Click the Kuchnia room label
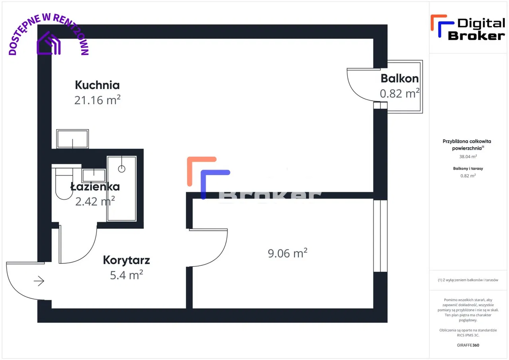point(97,85)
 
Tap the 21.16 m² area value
point(97,100)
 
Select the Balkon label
point(399,78)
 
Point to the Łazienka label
point(95,186)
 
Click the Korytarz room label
point(126,260)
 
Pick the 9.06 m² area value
point(288,253)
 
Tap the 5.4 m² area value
point(126,274)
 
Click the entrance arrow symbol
point(39,281)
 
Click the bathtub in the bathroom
point(121,189)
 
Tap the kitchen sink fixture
point(72,139)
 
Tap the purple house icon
point(49,43)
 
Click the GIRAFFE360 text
point(468,345)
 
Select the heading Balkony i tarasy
point(468,169)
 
